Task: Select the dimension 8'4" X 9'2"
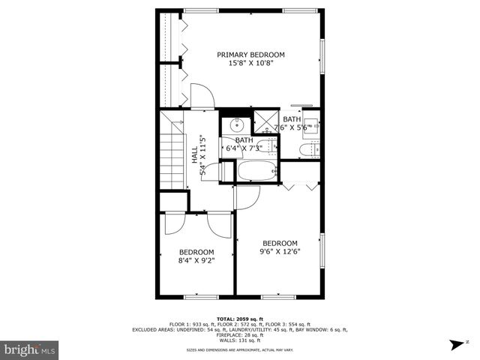pos(196,261)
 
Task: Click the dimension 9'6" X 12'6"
pos(280,252)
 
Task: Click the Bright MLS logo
pos(30,349)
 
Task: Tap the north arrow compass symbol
pos(457,346)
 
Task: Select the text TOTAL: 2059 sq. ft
pos(240,319)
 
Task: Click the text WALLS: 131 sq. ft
pos(240,340)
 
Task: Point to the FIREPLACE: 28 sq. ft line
pos(240,334)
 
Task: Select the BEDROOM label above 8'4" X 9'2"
pos(196,252)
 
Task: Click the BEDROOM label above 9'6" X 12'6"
pos(280,243)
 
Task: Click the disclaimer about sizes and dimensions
pos(240,349)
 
